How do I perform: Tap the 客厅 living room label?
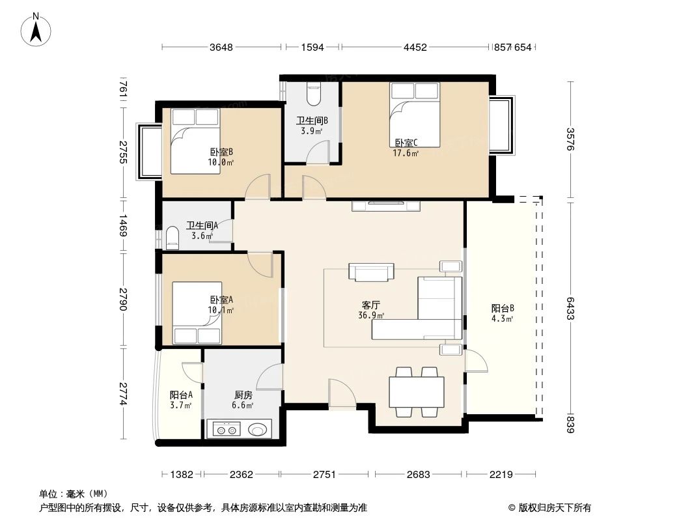(371, 305)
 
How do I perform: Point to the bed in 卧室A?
(196, 313)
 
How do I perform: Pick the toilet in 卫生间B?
(313, 95)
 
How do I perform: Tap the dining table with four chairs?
(417, 391)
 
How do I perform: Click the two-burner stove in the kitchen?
(225, 429)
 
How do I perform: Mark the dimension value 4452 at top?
(415, 47)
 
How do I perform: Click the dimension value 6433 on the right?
(570, 309)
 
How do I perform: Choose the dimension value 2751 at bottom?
(324, 475)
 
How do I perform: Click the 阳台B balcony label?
(503, 308)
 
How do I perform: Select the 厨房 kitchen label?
(243, 395)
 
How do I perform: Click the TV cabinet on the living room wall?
(386, 206)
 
